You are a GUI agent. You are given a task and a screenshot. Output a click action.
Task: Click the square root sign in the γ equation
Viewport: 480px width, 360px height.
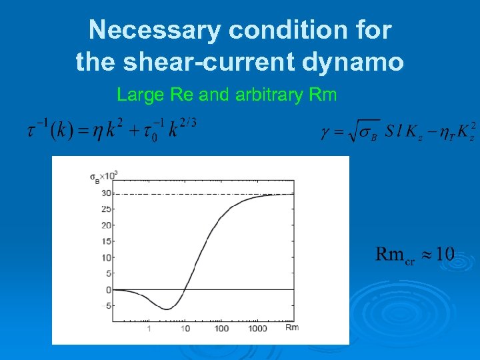pyautogui.click(x=349, y=129)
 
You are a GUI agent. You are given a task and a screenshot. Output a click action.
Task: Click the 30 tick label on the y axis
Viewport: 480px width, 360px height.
pyautogui.click(x=105, y=193)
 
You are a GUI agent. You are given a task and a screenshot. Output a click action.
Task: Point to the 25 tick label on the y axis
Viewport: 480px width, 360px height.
pyautogui.click(x=105, y=209)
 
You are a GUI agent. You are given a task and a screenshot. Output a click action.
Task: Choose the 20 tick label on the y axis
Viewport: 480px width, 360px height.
pyautogui.click(x=105, y=225)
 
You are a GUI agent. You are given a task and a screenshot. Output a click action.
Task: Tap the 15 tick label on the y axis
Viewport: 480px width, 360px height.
pyautogui.click(x=105, y=241)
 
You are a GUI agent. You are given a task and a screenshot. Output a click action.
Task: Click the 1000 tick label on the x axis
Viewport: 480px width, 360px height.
pyautogui.click(x=258, y=329)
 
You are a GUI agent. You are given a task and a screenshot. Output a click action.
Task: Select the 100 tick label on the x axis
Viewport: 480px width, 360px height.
pyautogui.click(x=221, y=329)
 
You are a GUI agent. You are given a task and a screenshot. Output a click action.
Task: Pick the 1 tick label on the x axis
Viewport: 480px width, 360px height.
pyautogui.click(x=149, y=329)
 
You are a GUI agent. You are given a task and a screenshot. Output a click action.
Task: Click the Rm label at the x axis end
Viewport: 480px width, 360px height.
pyautogui.click(x=292, y=327)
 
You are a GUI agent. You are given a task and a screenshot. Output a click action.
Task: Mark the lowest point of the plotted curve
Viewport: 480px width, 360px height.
pyautogui.click(x=167, y=309)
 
